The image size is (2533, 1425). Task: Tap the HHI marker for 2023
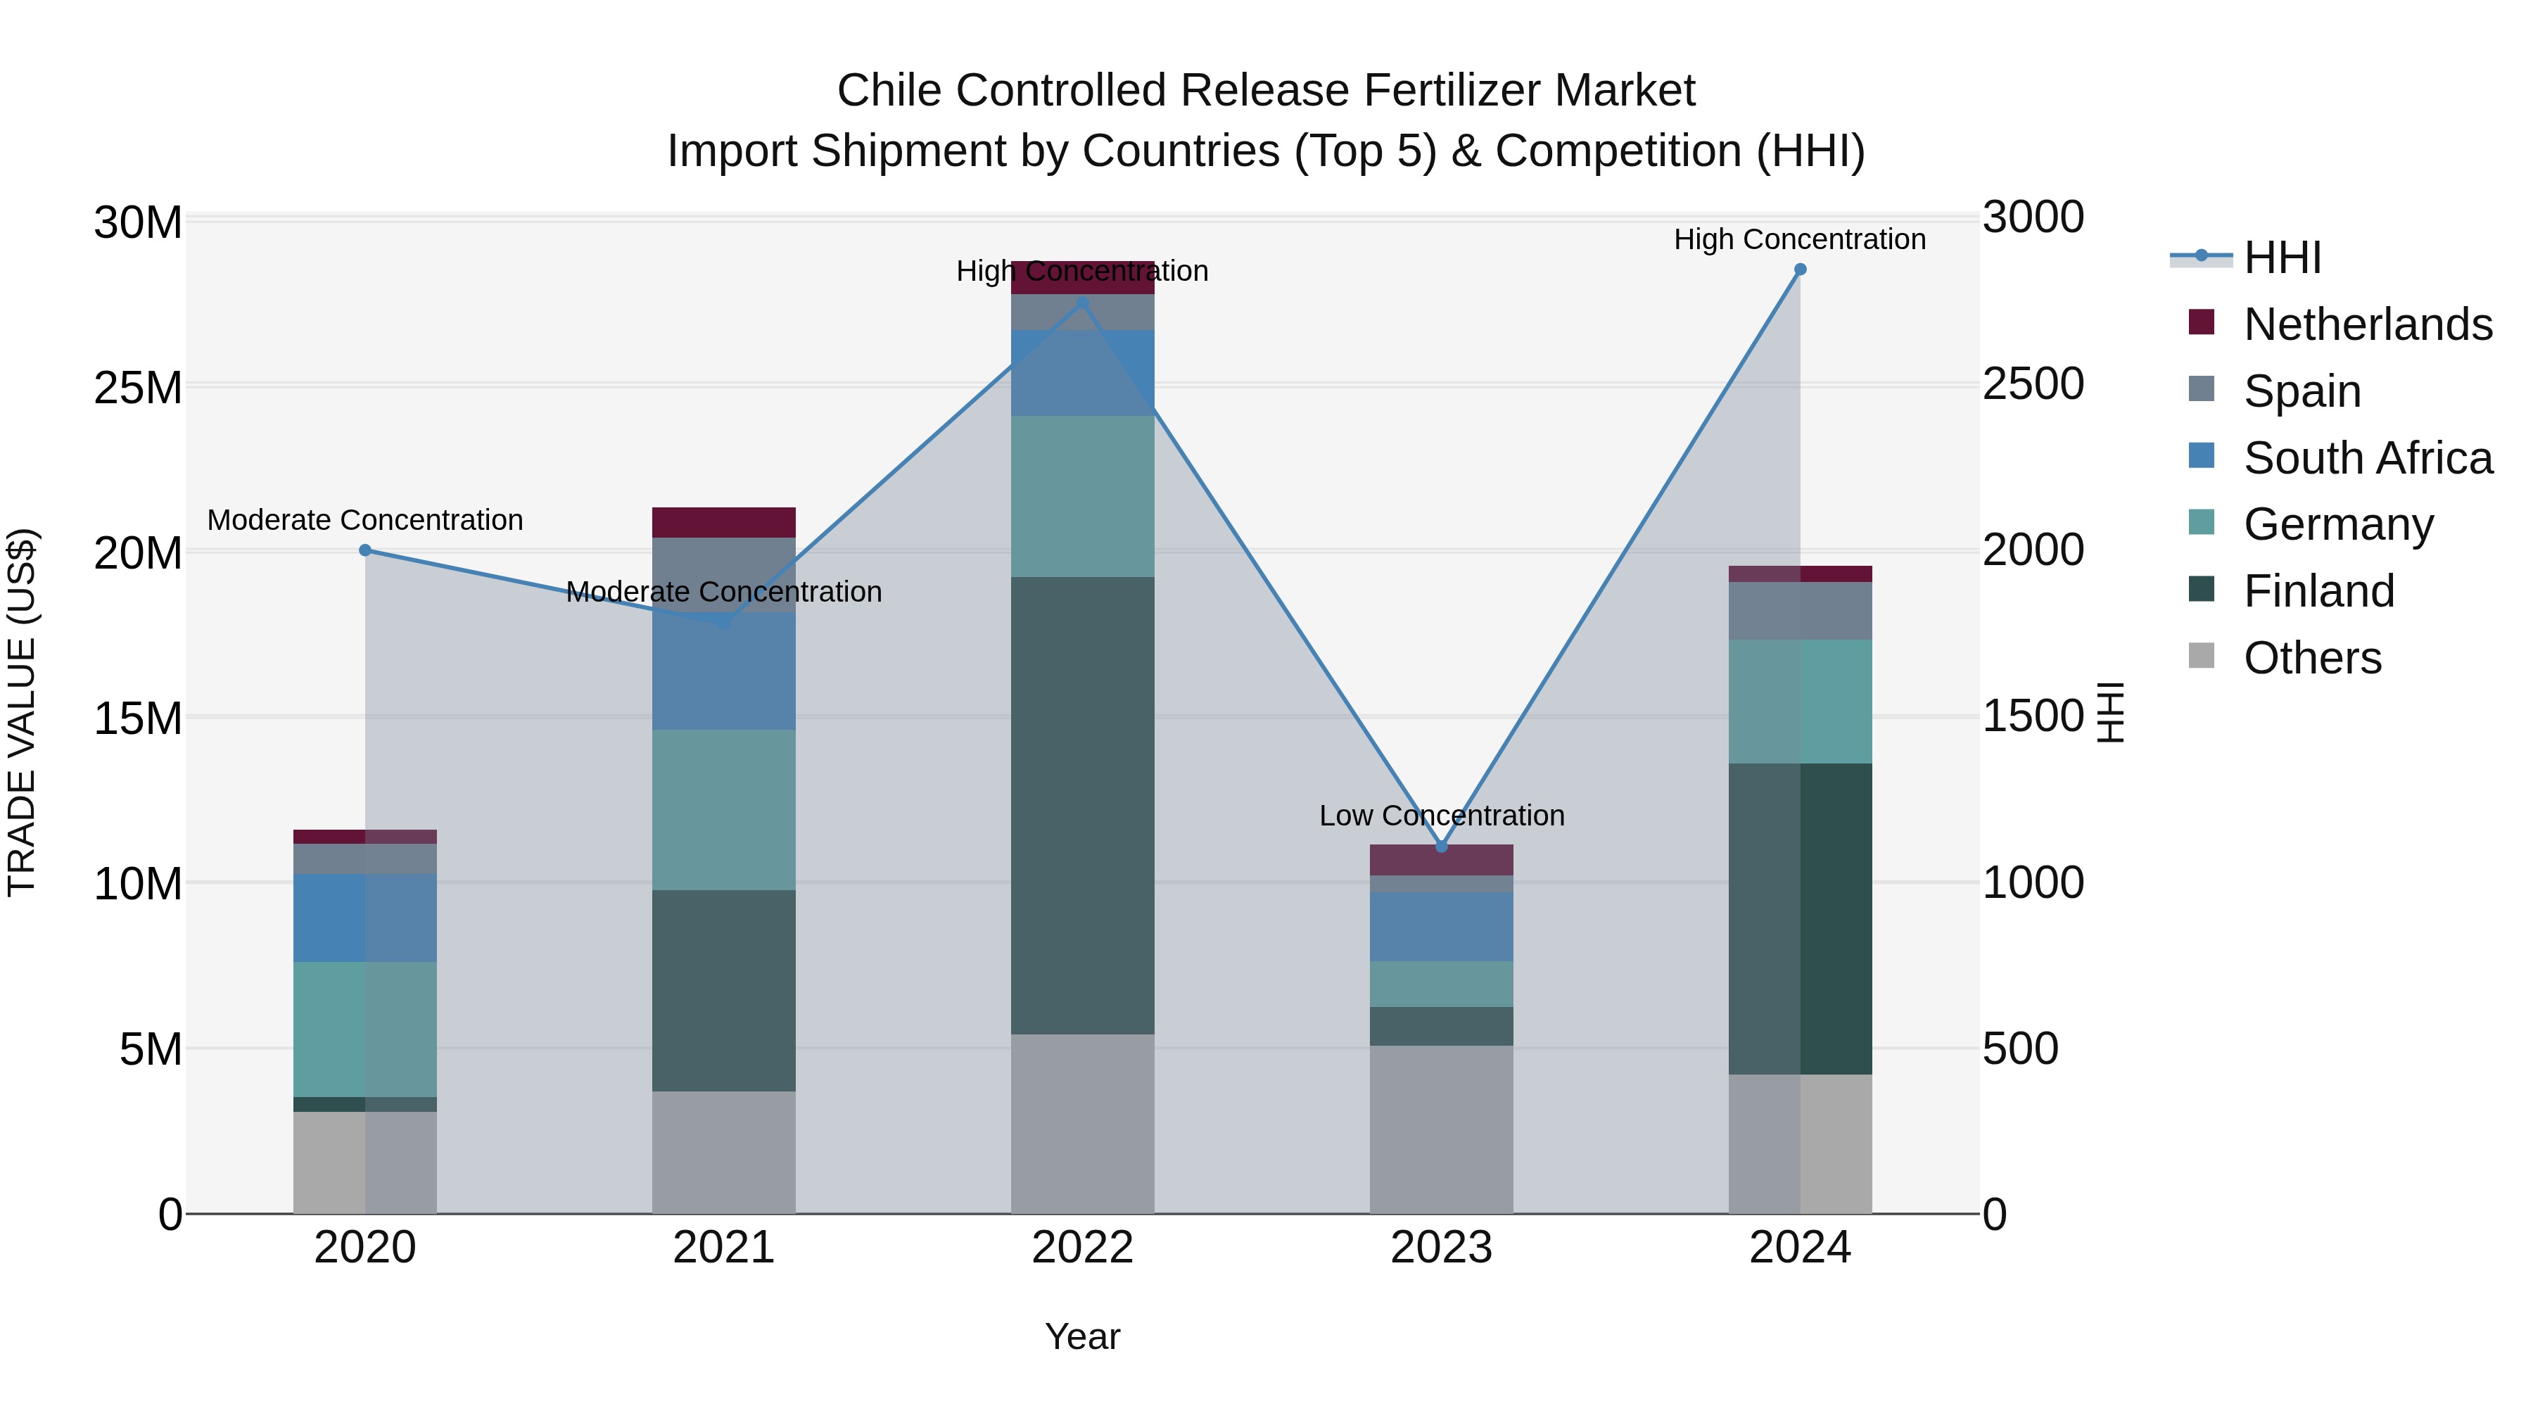(x=1442, y=846)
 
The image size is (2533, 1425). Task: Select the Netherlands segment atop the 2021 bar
(x=724, y=522)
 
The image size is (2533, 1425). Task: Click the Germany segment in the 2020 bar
(x=364, y=1029)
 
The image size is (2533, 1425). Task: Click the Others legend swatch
(x=2202, y=656)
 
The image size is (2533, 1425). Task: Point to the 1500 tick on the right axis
(x=2031, y=716)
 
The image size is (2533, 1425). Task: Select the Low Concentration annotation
(x=1442, y=816)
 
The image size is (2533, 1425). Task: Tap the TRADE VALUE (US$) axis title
(x=22, y=712)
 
